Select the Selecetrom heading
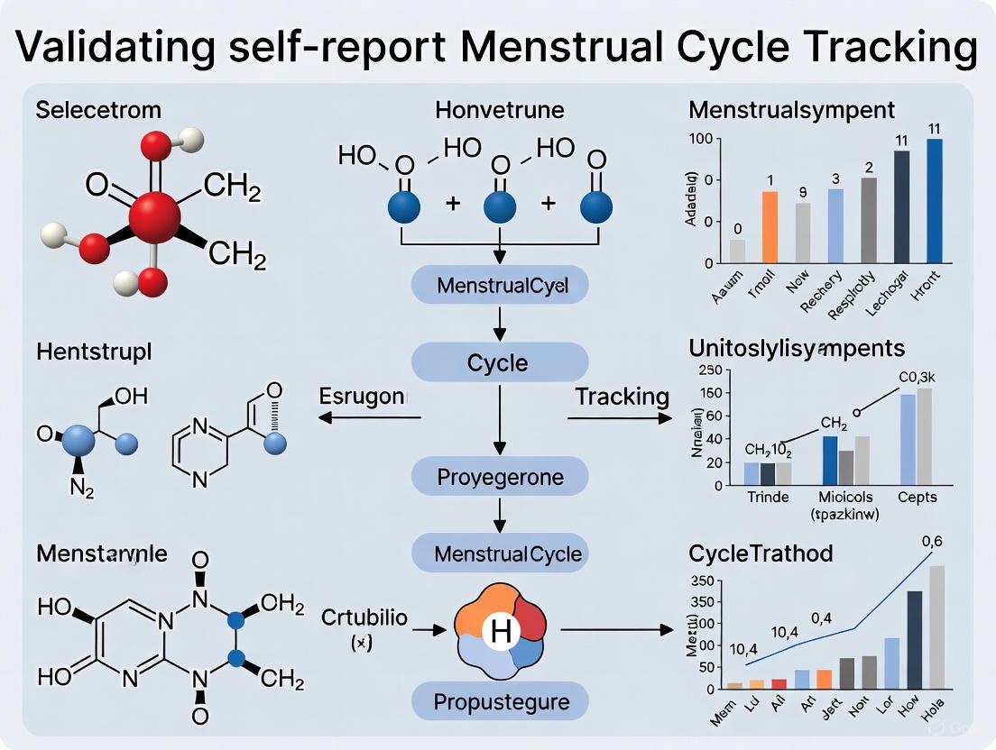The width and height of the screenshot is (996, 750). click(98, 111)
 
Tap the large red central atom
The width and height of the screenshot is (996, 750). click(154, 216)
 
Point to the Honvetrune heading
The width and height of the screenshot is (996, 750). click(499, 111)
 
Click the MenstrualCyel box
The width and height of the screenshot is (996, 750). click(500, 287)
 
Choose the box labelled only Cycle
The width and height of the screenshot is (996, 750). click(498, 363)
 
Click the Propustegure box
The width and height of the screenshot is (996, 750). click(499, 700)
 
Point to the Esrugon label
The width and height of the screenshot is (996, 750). click(364, 396)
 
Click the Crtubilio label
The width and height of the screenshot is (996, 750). click(364, 618)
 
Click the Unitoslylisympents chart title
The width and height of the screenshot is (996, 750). click(797, 347)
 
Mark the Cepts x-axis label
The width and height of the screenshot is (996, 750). click(917, 497)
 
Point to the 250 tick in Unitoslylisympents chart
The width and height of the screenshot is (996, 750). click(711, 370)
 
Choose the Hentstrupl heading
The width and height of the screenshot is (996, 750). click(94, 352)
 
